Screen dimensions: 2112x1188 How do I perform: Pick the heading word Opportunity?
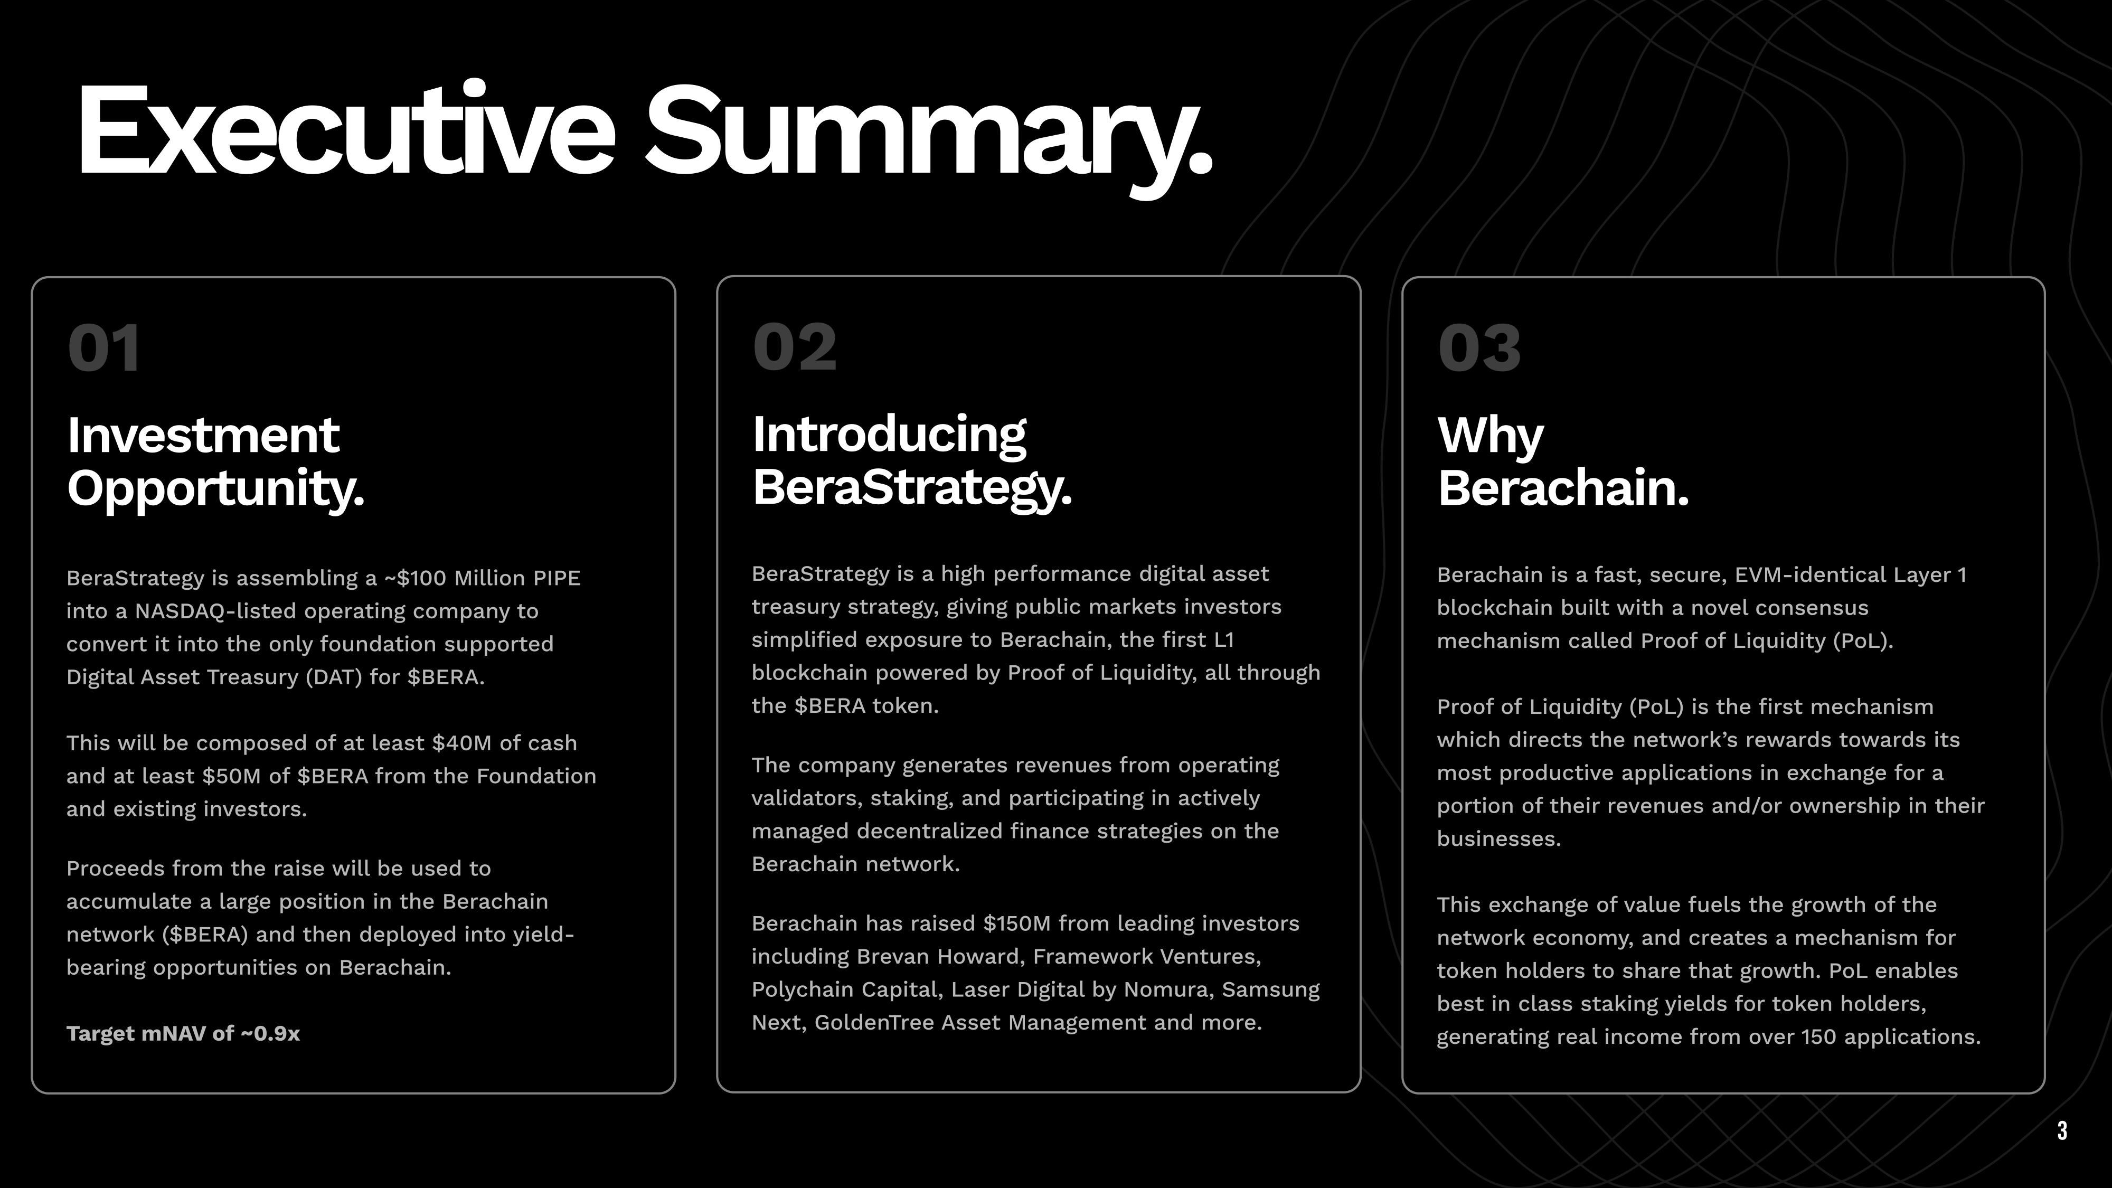(215, 489)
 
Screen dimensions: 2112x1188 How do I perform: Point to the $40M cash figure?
(461, 743)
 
